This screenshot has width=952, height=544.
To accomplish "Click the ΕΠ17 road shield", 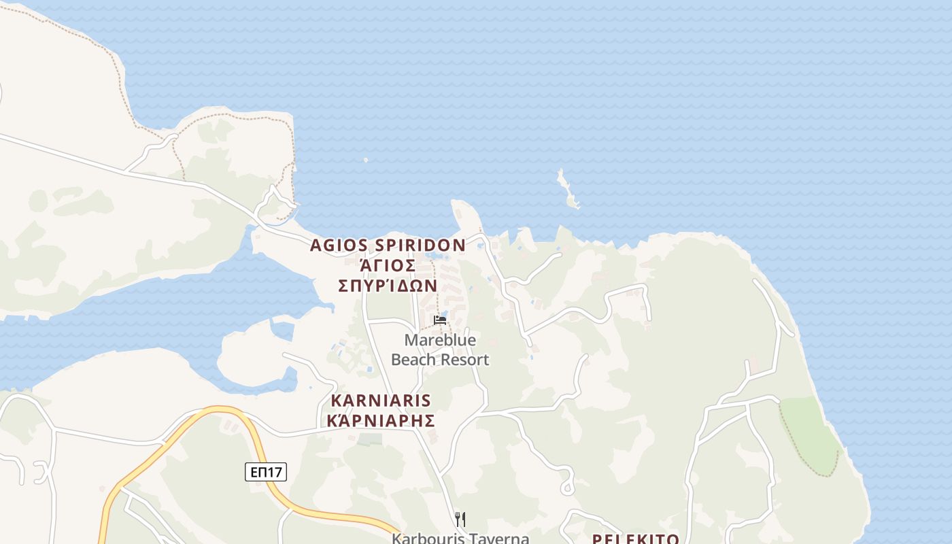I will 266,472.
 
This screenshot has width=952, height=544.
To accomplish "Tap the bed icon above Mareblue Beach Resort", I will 440,320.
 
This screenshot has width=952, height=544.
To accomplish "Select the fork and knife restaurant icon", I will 460,520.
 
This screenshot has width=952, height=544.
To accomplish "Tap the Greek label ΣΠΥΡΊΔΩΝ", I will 388,285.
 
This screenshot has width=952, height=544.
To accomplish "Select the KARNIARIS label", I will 381,400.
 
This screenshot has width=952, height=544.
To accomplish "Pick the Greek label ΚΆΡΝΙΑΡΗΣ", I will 381,420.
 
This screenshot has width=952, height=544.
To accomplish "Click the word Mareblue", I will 440,340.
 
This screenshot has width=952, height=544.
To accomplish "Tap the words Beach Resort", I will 440,360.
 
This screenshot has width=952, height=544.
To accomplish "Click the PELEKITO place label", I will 635,539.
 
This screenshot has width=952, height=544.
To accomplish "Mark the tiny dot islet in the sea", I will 366,160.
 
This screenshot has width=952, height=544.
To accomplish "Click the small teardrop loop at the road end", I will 567,488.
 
